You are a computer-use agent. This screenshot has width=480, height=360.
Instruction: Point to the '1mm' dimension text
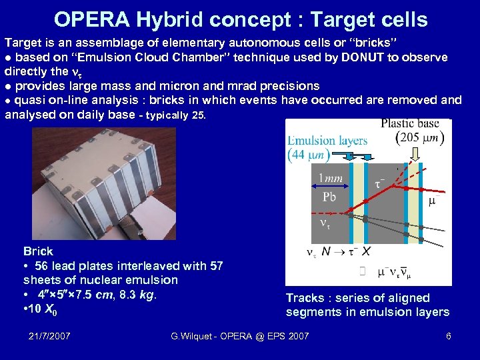pyautogui.click(x=331, y=178)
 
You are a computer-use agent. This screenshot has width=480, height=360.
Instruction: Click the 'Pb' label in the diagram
pyautogui.click(x=329, y=197)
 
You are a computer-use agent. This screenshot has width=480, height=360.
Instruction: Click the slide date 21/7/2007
pyautogui.click(x=52, y=335)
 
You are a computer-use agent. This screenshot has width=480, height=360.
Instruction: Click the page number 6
pyautogui.click(x=449, y=335)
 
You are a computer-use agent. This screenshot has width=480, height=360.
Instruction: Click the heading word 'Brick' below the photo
pyautogui.click(x=38, y=251)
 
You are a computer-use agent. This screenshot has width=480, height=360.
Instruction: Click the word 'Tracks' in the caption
pyautogui.click(x=304, y=298)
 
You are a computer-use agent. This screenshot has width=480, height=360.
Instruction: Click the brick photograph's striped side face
pyautogui.click(x=133, y=187)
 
